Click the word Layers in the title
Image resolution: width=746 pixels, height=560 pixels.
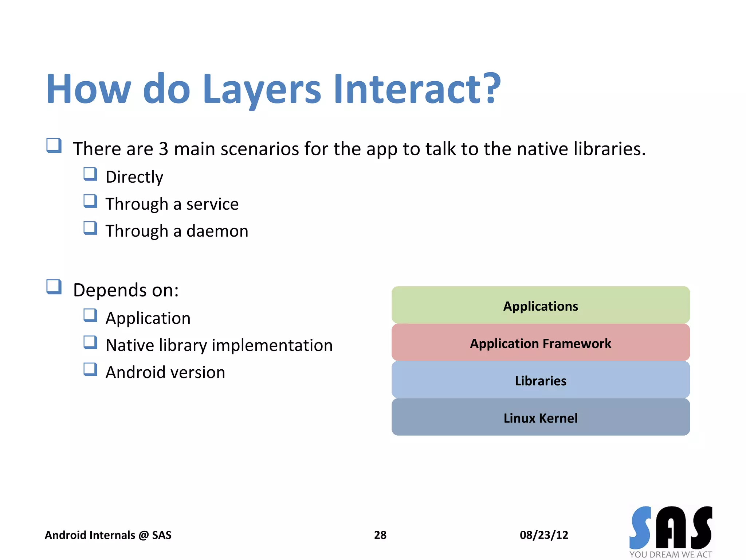[262, 89]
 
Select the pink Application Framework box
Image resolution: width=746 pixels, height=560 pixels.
[540, 343]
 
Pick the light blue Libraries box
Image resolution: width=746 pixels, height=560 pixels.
[540, 380]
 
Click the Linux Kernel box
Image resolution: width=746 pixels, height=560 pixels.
[540, 417]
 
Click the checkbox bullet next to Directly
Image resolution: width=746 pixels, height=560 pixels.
[90, 174]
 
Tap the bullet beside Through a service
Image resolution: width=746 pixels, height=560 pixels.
[90, 201]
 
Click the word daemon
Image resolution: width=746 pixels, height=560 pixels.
[217, 231]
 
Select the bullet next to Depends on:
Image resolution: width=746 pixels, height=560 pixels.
[54, 287]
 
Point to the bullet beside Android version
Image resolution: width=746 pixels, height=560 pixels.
[90, 369]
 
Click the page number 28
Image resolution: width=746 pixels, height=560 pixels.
[380, 535]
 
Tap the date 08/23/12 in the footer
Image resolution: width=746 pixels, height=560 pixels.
[543, 535]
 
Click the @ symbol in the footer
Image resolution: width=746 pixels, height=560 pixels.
[144, 535]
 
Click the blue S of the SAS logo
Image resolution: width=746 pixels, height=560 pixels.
[640, 528]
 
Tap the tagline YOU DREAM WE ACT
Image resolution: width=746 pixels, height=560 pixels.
[670, 554]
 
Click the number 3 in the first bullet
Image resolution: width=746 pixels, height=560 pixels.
[164, 149]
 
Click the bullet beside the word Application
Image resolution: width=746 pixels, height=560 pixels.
[90, 315]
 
